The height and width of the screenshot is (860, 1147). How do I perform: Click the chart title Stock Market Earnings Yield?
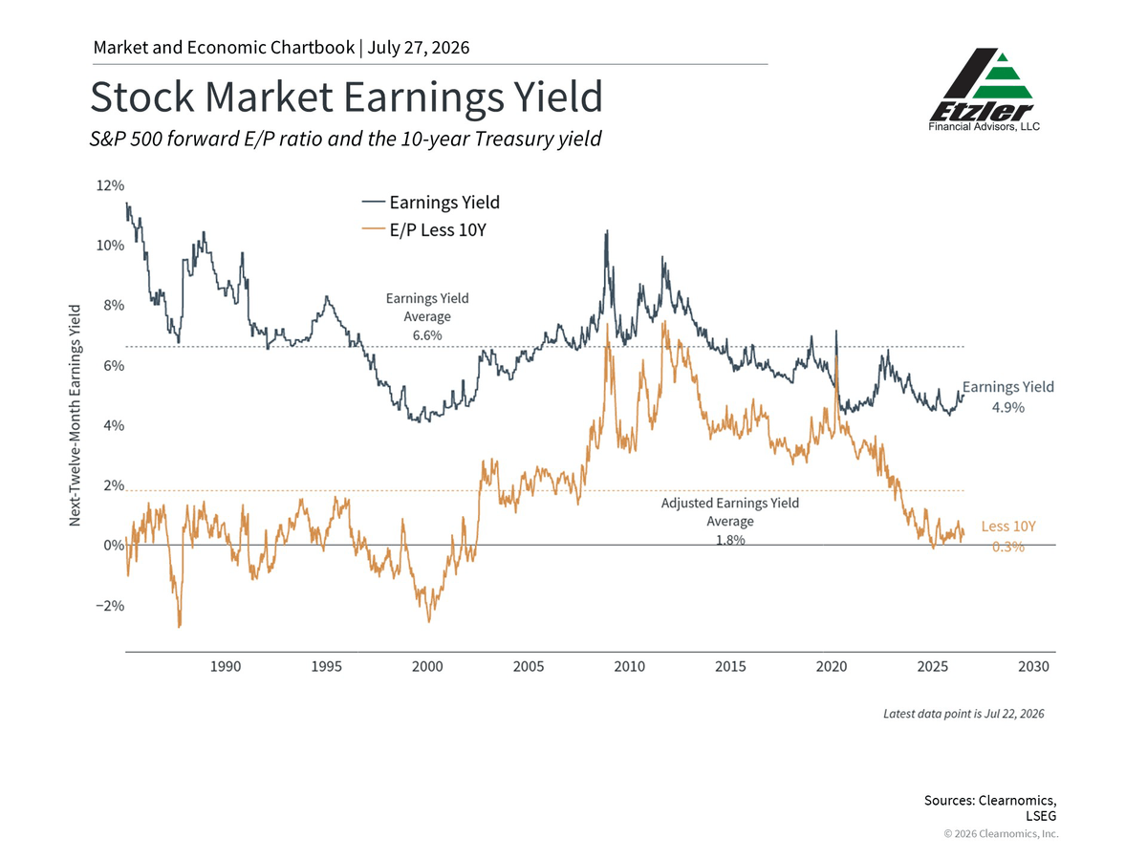click(346, 97)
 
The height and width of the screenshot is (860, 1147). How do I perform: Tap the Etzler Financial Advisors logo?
click(984, 90)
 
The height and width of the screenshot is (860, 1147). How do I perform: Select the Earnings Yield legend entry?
click(430, 202)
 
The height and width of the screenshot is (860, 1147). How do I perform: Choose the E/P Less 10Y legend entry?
click(423, 229)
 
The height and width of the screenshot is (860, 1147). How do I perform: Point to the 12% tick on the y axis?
click(110, 185)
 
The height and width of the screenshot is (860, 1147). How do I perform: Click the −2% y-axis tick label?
click(110, 606)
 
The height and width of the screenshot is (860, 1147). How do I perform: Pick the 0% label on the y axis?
click(114, 546)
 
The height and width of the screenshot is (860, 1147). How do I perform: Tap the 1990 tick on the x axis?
click(226, 667)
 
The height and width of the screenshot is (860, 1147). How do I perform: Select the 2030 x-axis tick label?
click(1033, 667)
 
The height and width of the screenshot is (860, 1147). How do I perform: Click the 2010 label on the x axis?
click(630, 667)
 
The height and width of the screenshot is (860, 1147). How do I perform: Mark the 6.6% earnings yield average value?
click(427, 335)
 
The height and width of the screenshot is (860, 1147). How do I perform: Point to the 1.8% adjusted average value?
click(730, 540)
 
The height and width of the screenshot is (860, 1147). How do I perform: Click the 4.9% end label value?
click(1008, 407)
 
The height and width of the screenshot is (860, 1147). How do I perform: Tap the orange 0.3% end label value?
click(1008, 547)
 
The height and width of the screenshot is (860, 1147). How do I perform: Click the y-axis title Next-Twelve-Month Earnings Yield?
click(76, 415)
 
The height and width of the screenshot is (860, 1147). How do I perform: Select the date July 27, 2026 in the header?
click(418, 48)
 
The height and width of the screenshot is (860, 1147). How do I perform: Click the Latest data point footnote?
click(963, 714)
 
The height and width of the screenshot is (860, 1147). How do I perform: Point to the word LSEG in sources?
click(1041, 816)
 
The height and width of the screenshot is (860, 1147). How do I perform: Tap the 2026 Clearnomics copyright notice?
click(1001, 833)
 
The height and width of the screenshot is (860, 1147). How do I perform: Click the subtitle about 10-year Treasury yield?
click(345, 139)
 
